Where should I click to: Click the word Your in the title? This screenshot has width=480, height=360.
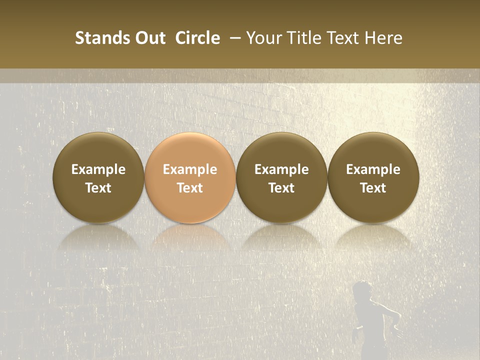point(262,38)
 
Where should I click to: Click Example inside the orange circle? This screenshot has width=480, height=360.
point(190,169)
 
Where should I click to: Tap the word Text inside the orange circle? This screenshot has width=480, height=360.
point(190,188)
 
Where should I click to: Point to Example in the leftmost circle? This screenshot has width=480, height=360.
point(98,169)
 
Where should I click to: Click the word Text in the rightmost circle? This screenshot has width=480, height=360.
point(373,188)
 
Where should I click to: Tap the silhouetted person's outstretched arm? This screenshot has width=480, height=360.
point(390,312)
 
